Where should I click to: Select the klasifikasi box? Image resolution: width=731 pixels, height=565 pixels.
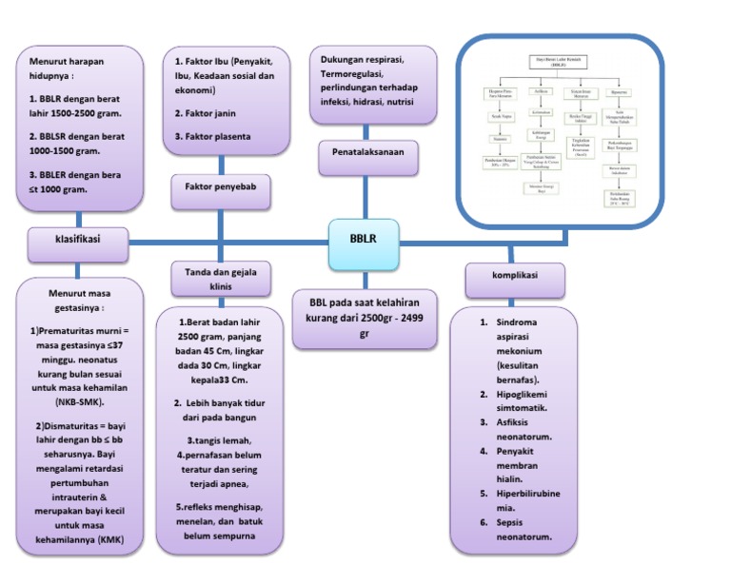[x=79, y=243]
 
